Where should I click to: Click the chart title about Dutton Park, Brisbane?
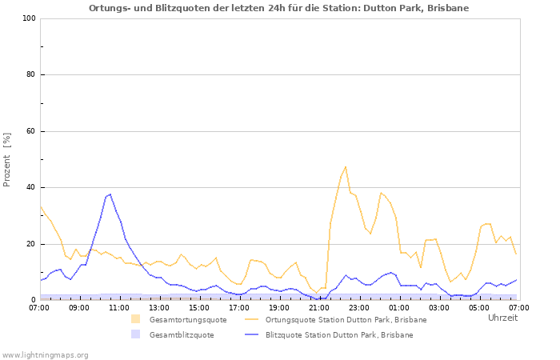[x=279, y=8]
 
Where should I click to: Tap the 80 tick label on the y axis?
[x=30, y=75]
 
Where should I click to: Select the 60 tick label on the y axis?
[x=30, y=131]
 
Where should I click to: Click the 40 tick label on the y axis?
[x=30, y=188]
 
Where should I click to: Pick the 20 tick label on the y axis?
[x=30, y=244]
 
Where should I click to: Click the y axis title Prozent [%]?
[x=8, y=159]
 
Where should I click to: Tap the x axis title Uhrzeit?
[x=502, y=318]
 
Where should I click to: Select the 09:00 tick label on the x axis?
[x=79, y=307]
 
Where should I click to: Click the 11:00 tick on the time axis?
[x=119, y=307]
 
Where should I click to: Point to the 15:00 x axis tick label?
[x=199, y=307]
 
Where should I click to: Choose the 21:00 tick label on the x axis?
[x=319, y=307]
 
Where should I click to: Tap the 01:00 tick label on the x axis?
[x=399, y=307]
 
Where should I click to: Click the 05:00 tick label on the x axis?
[x=479, y=307]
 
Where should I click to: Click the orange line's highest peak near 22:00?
[x=346, y=166]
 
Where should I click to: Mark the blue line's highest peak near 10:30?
[x=110, y=194]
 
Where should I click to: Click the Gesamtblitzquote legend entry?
[x=181, y=335]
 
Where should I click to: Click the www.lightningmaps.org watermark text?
[x=45, y=354]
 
